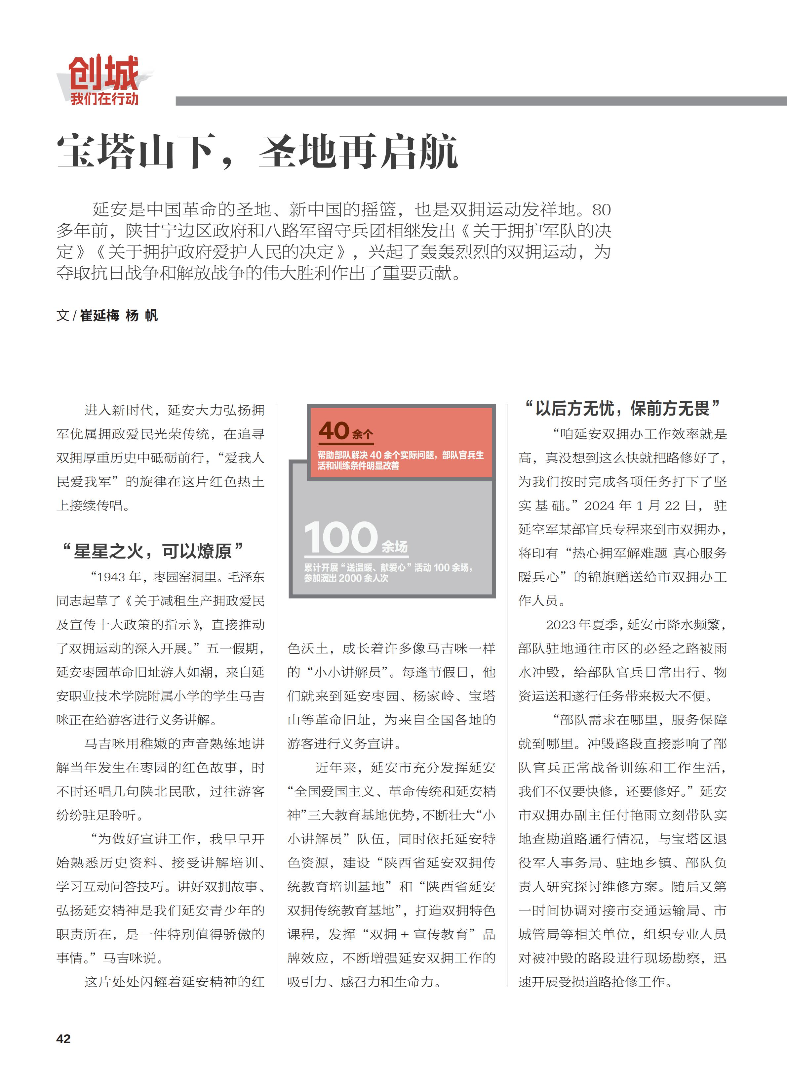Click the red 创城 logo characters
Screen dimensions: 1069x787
[103, 72]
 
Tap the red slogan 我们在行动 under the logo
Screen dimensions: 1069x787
[104, 99]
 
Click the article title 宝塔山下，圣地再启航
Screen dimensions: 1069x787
[257, 152]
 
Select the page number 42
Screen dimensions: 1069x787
[63, 1039]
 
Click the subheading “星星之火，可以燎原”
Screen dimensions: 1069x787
[152, 551]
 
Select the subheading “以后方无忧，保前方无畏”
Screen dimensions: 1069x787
[622, 408]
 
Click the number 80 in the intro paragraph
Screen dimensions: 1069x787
[601, 210]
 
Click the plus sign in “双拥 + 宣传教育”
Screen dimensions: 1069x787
[405, 935]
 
